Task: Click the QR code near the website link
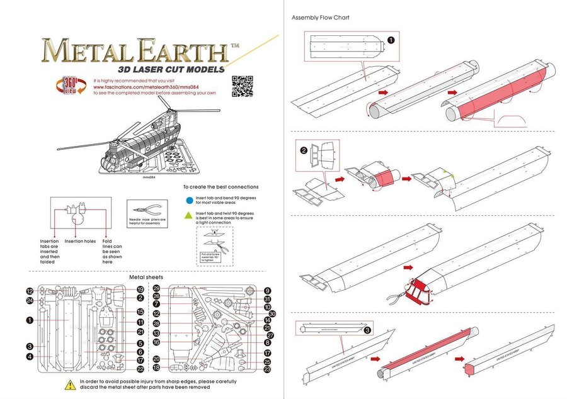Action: pyautogui.click(x=243, y=86)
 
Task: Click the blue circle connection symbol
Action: pyautogui.click(x=189, y=201)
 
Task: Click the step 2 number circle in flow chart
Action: pyautogui.click(x=304, y=150)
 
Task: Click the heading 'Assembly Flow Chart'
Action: pyautogui.click(x=320, y=17)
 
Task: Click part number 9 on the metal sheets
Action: pyautogui.click(x=267, y=291)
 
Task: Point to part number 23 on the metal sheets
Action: pyautogui.click(x=267, y=370)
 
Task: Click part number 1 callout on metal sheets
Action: pyautogui.click(x=30, y=320)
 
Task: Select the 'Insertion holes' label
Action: pyautogui.click(x=80, y=241)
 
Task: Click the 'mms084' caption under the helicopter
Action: pyautogui.click(x=149, y=177)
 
